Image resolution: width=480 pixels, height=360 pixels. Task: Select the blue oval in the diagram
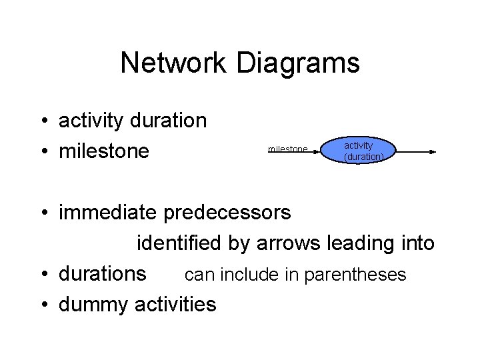click(360, 151)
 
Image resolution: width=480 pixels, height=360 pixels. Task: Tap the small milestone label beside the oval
click(287, 149)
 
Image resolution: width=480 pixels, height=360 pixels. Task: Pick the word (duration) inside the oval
click(363, 157)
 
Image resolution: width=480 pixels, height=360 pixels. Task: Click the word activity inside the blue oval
click(358, 145)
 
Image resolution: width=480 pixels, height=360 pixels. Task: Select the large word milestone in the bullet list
click(104, 151)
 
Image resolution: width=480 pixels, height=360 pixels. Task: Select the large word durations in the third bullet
click(103, 274)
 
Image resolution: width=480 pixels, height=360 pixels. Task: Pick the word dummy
click(93, 305)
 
